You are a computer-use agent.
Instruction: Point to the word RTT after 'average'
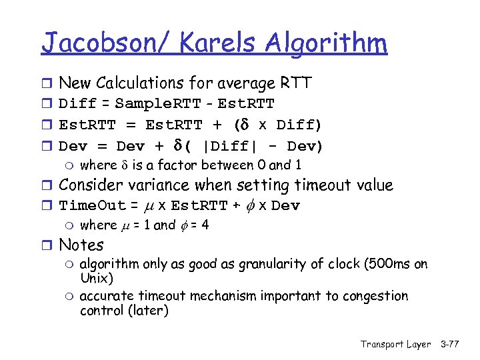[295, 83]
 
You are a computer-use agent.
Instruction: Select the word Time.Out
[92, 205]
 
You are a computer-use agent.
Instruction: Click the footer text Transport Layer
[395, 344]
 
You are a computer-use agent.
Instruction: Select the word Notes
[81, 245]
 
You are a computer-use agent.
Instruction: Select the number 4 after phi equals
[205, 225]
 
